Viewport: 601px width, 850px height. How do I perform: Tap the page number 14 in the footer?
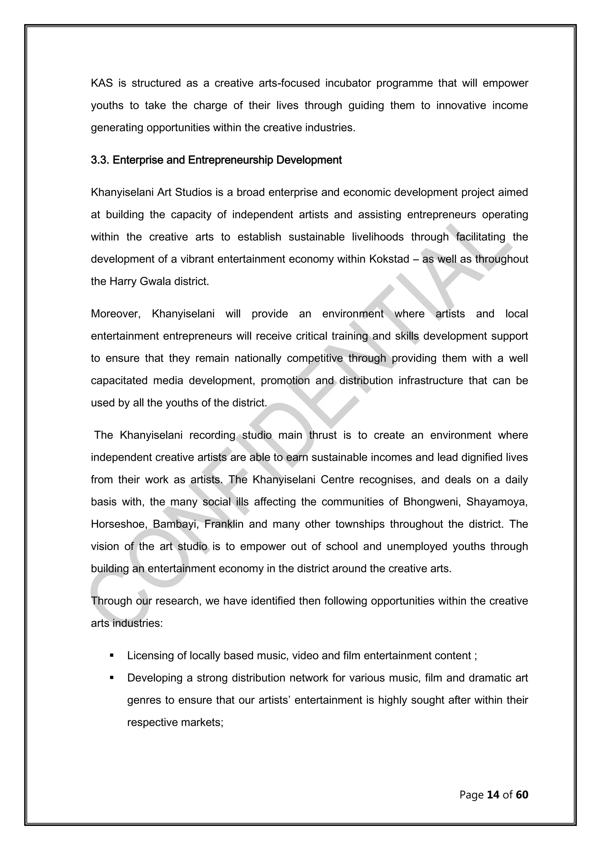(493, 795)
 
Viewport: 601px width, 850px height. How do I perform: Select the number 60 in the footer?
(522, 795)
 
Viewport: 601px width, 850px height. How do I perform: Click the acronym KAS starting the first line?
(102, 83)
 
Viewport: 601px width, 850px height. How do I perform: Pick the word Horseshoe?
(119, 524)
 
